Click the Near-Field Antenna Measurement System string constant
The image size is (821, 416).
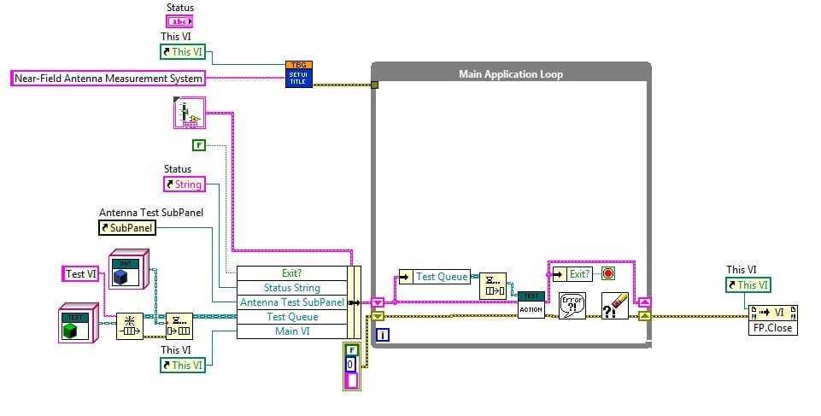[x=108, y=79]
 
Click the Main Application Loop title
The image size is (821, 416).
[x=511, y=74]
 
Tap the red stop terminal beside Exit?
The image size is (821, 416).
[x=608, y=274]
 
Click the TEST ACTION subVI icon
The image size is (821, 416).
[x=531, y=304]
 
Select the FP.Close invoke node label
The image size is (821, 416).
[x=771, y=327]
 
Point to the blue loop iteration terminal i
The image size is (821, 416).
[x=383, y=335]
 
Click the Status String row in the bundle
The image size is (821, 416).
[x=291, y=288]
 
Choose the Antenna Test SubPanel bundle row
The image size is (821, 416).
[x=291, y=302]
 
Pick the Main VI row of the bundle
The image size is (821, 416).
[x=291, y=331]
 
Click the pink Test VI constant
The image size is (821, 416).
[x=82, y=273]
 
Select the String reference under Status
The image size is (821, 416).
[x=184, y=184]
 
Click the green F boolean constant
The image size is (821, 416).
[x=198, y=144]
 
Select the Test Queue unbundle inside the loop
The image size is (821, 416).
[x=435, y=276]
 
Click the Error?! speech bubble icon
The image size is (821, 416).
[x=572, y=305]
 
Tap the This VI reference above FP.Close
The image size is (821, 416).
[x=748, y=285]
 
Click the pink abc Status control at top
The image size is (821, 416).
[x=179, y=21]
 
